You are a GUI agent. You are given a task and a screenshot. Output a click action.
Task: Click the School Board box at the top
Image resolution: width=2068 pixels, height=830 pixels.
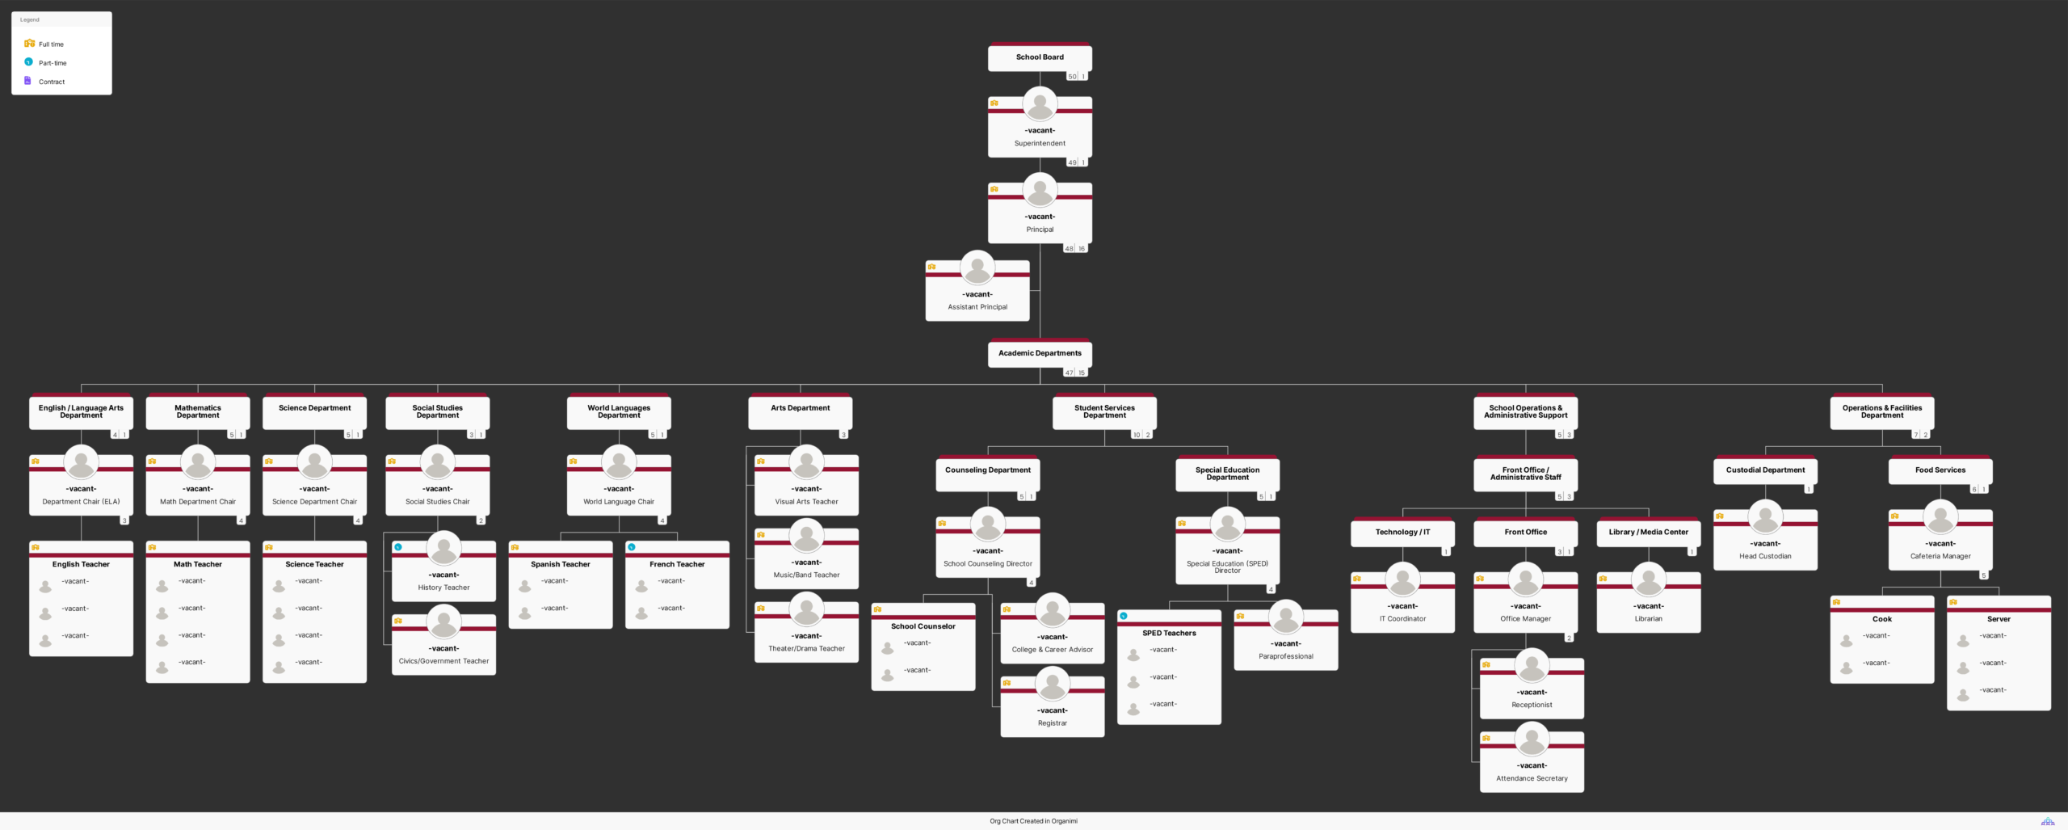[x=1040, y=57]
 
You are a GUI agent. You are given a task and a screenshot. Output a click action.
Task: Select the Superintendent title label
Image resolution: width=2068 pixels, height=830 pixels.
[x=1040, y=143]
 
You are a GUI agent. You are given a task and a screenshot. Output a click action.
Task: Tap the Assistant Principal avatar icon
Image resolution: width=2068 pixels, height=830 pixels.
[x=977, y=267]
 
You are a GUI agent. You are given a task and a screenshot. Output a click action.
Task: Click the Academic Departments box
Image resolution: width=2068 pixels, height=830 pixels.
[x=1040, y=353]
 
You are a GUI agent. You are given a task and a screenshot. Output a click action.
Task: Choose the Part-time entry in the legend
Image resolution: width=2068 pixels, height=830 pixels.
[x=53, y=63]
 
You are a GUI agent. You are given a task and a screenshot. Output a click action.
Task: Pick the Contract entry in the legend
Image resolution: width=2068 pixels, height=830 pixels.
[x=51, y=82]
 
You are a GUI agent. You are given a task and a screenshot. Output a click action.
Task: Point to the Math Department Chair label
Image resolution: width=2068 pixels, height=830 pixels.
[x=198, y=502]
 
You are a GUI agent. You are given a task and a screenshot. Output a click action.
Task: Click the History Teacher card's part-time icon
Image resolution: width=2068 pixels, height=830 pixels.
[x=398, y=547]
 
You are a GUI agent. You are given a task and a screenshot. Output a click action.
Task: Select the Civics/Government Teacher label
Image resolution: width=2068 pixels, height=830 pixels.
[x=443, y=661]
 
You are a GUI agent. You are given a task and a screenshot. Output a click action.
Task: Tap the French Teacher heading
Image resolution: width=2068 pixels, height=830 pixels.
[x=677, y=564]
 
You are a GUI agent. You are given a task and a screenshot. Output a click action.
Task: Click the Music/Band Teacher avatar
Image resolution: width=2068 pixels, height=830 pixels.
[x=806, y=536]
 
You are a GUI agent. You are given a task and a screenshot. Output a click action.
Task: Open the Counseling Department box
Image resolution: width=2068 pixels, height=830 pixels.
[x=988, y=470]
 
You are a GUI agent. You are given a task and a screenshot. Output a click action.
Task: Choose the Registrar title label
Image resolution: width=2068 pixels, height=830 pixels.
[x=1053, y=723]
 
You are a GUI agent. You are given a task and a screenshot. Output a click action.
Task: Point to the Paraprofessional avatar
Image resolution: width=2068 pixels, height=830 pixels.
[x=1286, y=617]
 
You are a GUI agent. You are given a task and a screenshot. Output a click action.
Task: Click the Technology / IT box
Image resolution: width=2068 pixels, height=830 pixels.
[x=1402, y=532]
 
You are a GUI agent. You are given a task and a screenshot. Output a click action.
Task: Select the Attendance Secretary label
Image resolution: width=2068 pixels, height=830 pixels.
[x=1532, y=778]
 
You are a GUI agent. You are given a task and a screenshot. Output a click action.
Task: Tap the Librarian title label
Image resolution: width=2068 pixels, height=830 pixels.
[x=1649, y=619]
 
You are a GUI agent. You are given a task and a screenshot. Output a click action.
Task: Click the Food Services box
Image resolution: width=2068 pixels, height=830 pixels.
[x=1940, y=470]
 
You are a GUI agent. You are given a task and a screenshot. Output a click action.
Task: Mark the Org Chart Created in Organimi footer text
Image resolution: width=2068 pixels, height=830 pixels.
[x=1033, y=821]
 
